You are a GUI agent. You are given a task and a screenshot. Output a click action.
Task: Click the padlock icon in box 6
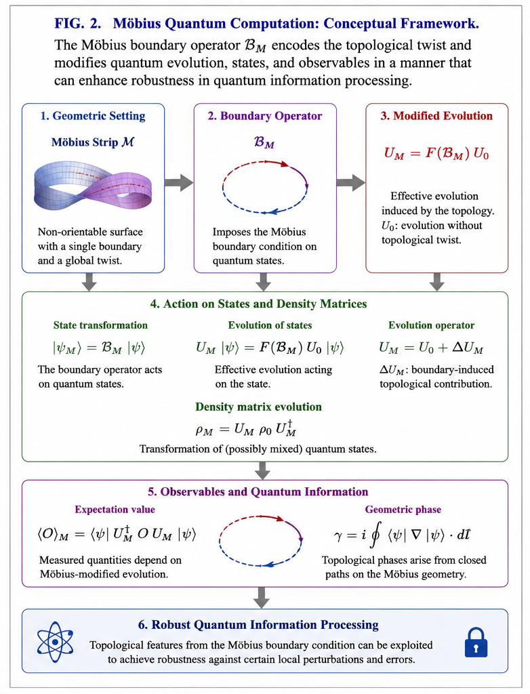point(476,642)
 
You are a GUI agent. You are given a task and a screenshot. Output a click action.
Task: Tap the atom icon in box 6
point(55,642)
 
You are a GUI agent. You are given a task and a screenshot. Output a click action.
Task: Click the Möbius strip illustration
point(93,186)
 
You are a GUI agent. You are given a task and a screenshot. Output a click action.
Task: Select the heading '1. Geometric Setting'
point(93,116)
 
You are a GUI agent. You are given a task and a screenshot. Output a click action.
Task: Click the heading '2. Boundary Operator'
point(265,116)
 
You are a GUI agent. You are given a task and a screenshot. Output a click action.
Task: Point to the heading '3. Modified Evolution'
point(436,116)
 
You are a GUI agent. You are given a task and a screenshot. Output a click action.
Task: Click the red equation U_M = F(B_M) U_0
point(436,154)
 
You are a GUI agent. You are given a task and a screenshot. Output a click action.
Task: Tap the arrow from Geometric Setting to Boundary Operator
point(179,182)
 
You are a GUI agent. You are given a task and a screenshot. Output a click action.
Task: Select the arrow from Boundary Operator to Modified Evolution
point(350,182)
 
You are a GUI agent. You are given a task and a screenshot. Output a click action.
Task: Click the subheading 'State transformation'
point(100,325)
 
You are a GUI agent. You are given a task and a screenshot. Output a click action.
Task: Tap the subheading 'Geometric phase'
point(403,510)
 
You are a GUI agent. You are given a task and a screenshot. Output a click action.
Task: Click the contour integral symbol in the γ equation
point(375,536)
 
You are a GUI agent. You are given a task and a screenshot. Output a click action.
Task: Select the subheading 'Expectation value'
point(115,510)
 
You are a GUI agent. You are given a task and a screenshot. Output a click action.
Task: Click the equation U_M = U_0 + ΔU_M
point(431,348)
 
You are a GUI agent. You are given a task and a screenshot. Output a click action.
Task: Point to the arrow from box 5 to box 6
point(262,598)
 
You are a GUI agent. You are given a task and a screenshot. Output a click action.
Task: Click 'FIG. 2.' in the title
point(78,24)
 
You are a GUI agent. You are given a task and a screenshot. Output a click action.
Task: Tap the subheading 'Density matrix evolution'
point(259,407)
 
